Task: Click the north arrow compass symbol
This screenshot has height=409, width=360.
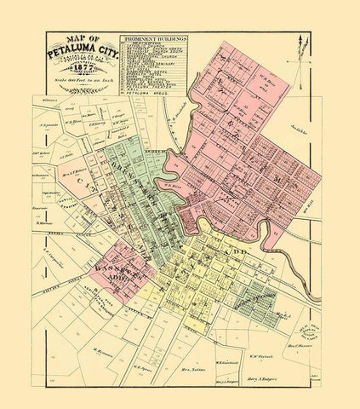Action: point(300,53)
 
